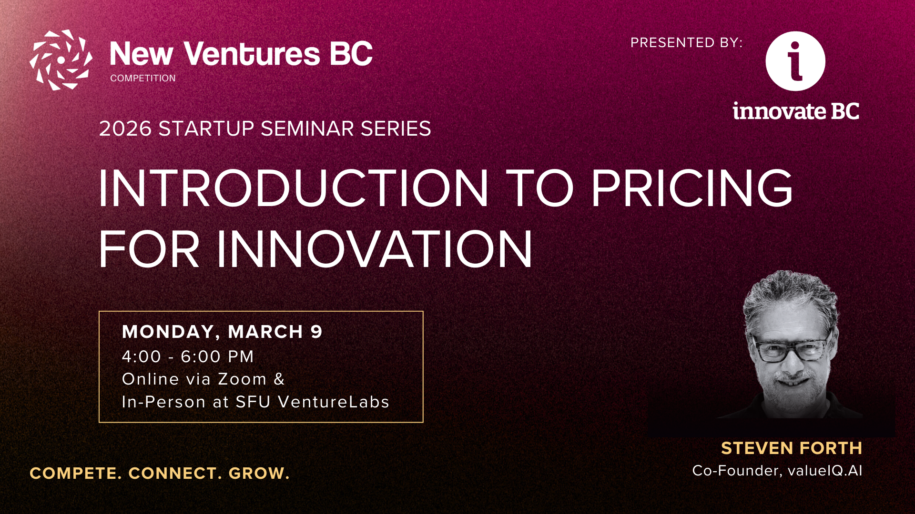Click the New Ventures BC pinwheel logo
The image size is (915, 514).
click(x=61, y=60)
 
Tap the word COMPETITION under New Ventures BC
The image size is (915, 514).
click(x=143, y=78)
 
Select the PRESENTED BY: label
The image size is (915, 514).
click(x=686, y=43)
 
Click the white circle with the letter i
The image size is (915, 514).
click(x=795, y=61)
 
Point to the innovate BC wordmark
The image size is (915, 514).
click(x=796, y=111)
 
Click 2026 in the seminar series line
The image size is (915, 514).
click(x=125, y=128)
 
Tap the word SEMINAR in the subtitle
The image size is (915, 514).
click(x=307, y=128)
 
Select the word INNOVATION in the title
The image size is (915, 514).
click(x=375, y=249)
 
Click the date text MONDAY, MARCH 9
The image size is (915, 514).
click(x=222, y=332)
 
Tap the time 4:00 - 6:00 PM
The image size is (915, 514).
click(x=188, y=356)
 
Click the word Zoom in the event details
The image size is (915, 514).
click(x=242, y=379)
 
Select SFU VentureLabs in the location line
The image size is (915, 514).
click(x=313, y=402)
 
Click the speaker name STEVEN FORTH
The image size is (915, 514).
click(x=792, y=448)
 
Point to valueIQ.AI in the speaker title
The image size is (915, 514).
click(x=825, y=471)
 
